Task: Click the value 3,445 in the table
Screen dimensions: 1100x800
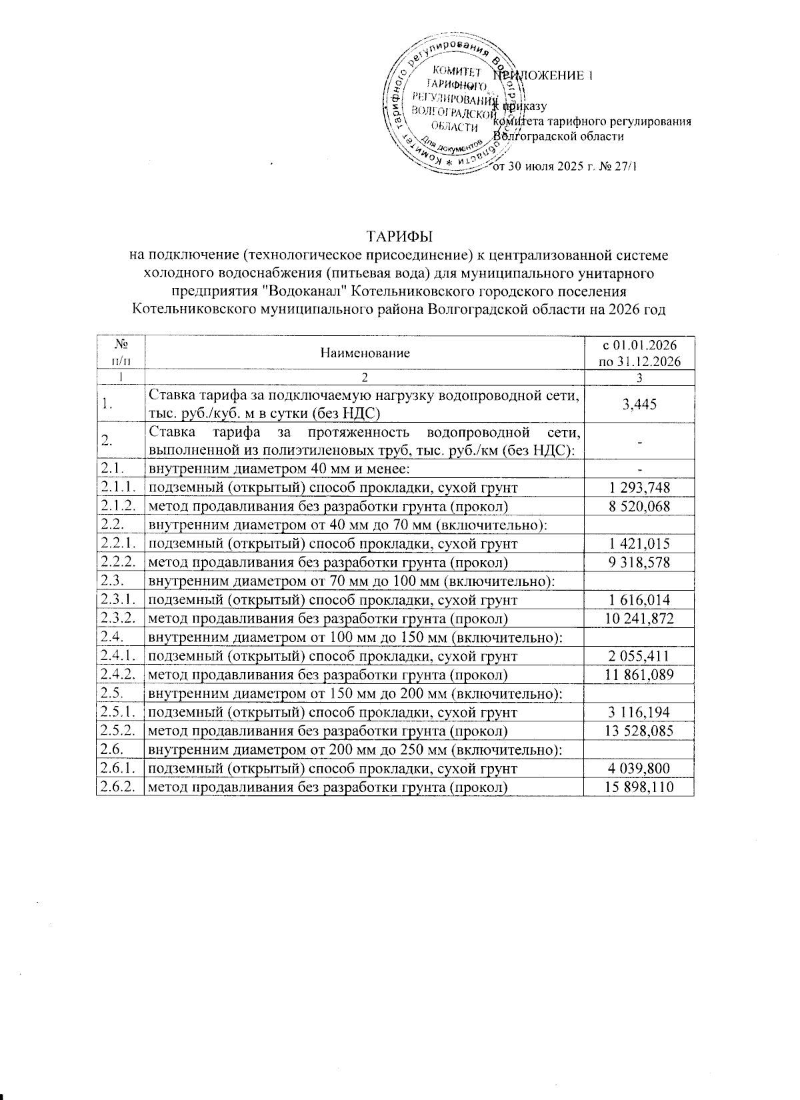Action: tap(639, 405)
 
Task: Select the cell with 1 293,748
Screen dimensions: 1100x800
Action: tap(639, 488)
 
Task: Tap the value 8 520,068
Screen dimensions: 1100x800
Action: tap(639, 507)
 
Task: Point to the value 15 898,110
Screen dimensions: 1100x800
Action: tap(639, 787)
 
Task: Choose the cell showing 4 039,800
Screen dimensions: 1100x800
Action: tap(639, 769)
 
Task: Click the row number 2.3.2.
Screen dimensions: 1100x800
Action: tap(119, 619)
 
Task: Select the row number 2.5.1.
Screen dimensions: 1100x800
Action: tap(119, 713)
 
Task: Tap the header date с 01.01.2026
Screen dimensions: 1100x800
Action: tap(639, 345)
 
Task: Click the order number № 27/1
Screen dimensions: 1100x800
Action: tap(617, 166)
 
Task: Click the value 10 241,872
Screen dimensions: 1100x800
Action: tap(639, 619)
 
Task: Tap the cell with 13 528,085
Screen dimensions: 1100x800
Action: tap(639, 731)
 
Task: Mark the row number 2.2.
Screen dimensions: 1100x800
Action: tap(113, 525)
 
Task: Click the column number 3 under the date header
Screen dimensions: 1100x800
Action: tap(639, 378)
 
